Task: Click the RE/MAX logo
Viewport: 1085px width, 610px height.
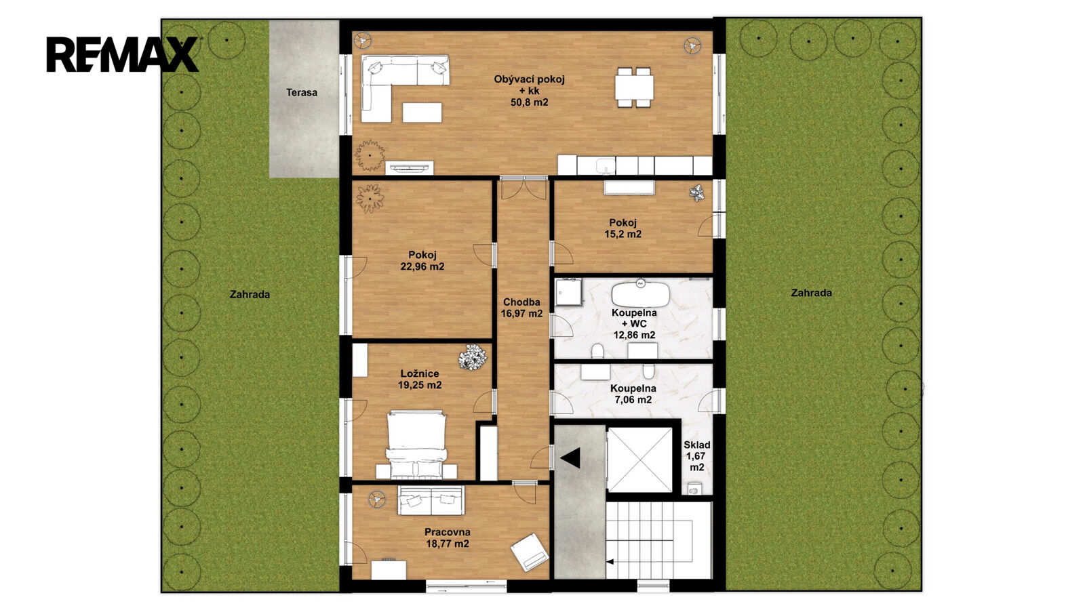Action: click(x=122, y=54)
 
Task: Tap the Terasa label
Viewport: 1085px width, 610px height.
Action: click(x=301, y=92)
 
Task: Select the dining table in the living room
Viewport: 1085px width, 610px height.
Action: click(x=634, y=87)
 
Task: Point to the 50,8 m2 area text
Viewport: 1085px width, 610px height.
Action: click(x=529, y=102)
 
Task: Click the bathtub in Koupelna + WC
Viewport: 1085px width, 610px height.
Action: click(x=640, y=293)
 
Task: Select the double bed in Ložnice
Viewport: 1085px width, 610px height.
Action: click(x=416, y=445)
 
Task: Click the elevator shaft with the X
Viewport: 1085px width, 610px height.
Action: click(x=640, y=460)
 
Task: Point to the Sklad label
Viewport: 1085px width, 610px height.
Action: click(x=696, y=445)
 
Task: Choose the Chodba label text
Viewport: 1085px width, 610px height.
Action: click(x=521, y=302)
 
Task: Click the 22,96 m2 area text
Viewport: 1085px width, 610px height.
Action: click(x=422, y=266)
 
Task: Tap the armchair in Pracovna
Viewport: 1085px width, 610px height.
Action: click(x=530, y=552)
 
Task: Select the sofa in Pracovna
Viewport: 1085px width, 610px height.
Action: click(x=431, y=500)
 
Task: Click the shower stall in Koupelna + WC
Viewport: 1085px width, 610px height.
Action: click(x=569, y=292)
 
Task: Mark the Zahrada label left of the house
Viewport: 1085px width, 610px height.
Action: click(x=250, y=294)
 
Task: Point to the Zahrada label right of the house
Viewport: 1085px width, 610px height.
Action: click(x=811, y=293)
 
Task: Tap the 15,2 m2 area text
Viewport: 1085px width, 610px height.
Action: click(x=623, y=235)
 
